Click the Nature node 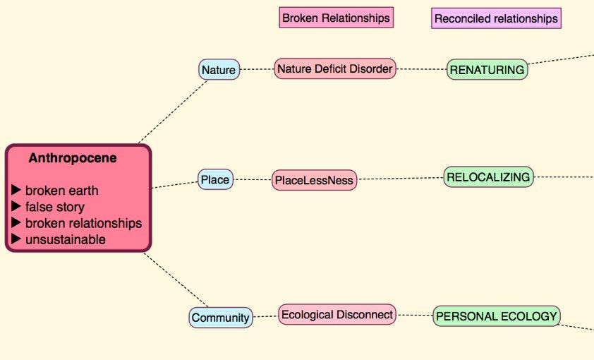click(x=219, y=69)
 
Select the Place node click(x=215, y=179)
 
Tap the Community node click(x=221, y=318)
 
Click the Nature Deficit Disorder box click(x=334, y=68)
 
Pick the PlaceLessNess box click(x=315, y=180)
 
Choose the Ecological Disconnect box click(x=337, y=314)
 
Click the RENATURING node click(x=487, y=69)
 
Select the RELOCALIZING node click(x=488, y=176)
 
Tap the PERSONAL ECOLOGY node click(x=497, y=316)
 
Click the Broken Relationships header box click(x=336, y=18)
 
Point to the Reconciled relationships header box click(x=496, y=18)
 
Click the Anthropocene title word click(x=73, y=158)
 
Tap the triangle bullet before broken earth click(x=17, y=191)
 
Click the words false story click(x=55, y=207)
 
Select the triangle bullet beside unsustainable click(x=17, y=239)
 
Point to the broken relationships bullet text click(x=83, y=223)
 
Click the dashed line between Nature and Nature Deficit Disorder click(x=257, y=69)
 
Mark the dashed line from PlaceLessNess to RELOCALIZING click(x=400, y=178)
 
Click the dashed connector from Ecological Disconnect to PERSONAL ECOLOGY click(x=414, y=315)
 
